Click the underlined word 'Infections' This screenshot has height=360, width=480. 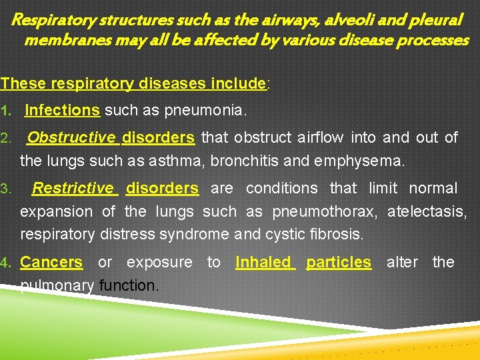62,109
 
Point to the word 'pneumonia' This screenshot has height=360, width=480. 212,109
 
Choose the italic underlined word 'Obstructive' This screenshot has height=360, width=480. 71,138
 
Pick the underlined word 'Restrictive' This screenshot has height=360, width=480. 73,189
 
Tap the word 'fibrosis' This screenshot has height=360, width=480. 339,234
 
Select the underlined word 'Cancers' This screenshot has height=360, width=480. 51,263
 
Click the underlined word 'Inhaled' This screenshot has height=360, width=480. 263,263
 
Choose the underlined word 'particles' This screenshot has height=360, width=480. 339,263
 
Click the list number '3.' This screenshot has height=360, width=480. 5,189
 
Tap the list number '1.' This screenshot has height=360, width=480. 5,109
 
